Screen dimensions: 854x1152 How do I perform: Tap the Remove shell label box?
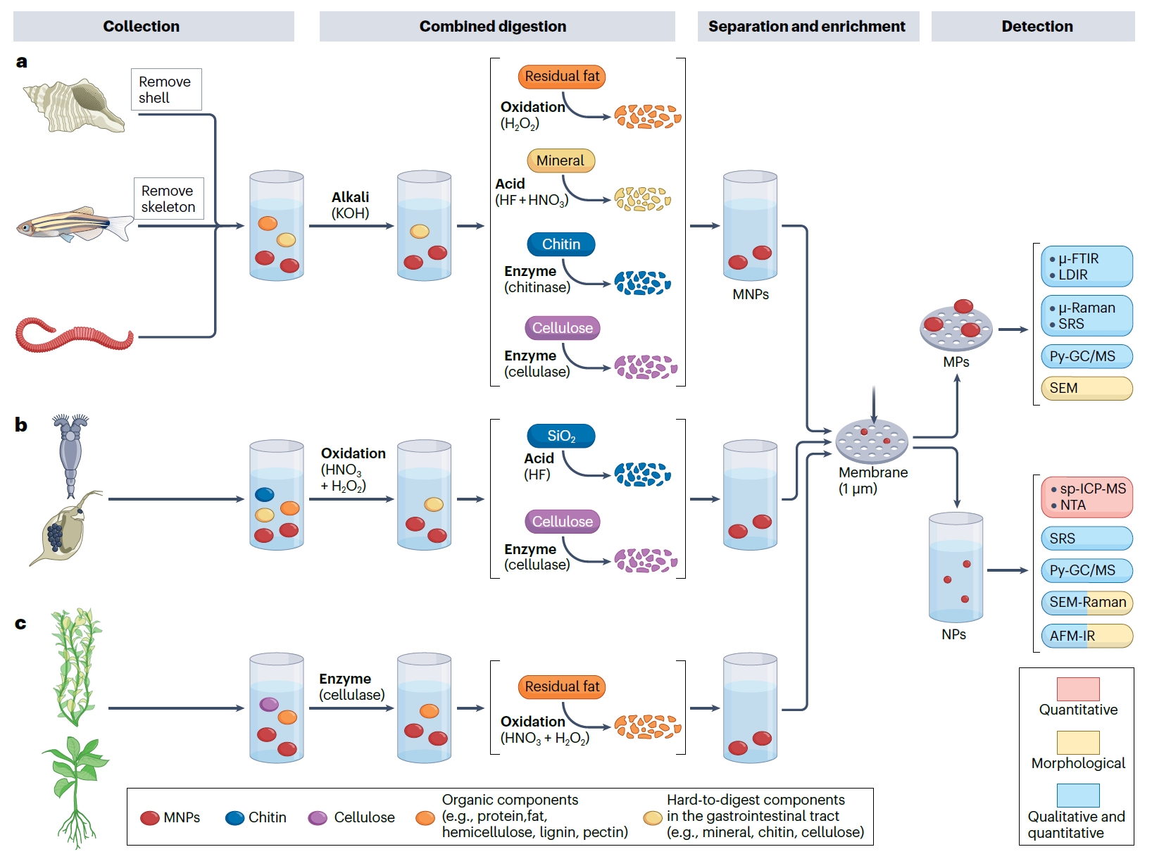166,89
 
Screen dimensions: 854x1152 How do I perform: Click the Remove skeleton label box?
169,199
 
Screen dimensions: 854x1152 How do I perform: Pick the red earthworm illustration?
74,334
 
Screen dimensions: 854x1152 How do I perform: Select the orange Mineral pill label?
561,161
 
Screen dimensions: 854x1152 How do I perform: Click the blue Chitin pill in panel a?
561,244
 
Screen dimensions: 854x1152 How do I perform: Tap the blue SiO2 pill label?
561,436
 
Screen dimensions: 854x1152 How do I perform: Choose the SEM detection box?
1086,388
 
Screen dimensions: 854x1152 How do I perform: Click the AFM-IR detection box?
1086,636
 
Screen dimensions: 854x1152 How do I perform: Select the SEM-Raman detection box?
1086,603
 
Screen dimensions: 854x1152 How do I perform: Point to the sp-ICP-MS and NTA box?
1086,497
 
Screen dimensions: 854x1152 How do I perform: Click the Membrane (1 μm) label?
873,480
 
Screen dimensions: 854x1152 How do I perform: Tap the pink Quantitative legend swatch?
1077,689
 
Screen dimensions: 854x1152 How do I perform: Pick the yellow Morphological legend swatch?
1077,742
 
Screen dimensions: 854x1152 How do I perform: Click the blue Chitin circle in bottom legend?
234,817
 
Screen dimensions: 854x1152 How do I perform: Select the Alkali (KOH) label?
351,205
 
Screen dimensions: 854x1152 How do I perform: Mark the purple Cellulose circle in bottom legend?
318,817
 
